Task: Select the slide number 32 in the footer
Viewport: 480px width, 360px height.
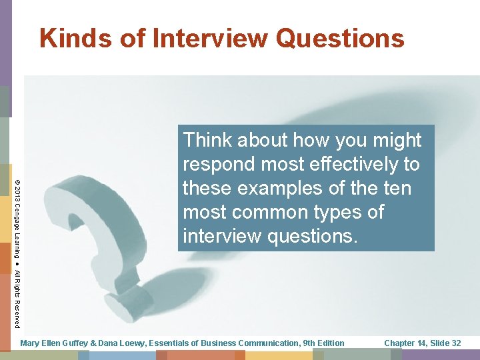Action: (455, 343)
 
